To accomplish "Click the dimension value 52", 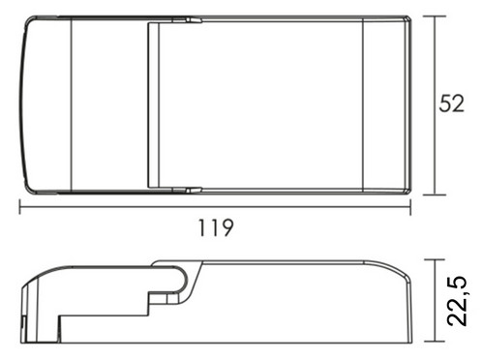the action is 451,104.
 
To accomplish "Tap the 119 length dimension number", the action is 215,227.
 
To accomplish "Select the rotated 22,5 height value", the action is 457,300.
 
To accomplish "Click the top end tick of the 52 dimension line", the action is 435,15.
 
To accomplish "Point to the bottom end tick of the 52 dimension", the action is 435,195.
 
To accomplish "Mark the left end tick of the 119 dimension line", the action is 19,207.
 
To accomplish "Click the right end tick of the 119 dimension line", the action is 410,207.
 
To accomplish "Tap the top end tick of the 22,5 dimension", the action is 435,259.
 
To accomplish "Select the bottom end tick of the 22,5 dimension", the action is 435,342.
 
